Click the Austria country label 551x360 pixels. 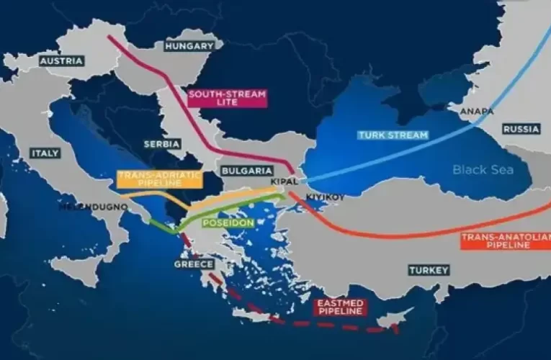click(61, 61)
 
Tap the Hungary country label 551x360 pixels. click(189, 46)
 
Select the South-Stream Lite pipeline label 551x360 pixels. click(226, 98)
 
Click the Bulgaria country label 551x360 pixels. click(247, 171)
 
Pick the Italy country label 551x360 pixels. click(45, 153)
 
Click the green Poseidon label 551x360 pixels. click(228, 222)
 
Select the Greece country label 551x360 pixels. click(194, 264)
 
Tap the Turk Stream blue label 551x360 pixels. click(393, 135)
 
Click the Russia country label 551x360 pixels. click(520, 129)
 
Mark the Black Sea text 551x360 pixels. click(483, 170)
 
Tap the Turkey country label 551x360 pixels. click(429, 270)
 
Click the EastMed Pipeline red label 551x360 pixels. click(341, 306)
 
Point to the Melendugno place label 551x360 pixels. click(94, 207)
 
